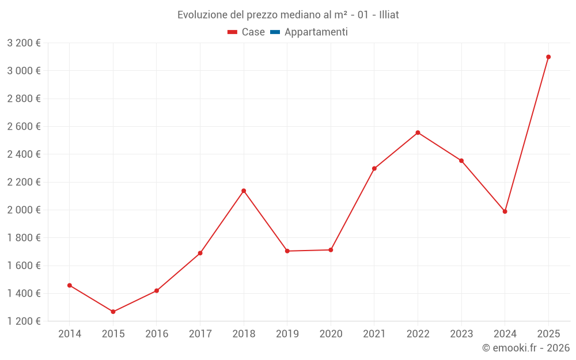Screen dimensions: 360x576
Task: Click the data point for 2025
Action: (x=548, y=57)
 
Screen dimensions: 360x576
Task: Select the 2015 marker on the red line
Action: (x=113, y=312)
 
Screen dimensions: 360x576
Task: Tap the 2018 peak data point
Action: (x=244, y=191)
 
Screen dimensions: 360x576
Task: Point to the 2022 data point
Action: (x=418, y=132)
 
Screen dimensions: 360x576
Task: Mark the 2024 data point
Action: (x=505, y=211)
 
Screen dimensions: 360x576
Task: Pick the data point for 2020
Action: (x=331, y=250)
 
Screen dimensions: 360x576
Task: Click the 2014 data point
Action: (x=70, y=285)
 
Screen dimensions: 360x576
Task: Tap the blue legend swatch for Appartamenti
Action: (x=275, y=32)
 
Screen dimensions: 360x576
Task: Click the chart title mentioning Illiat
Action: (x=288, y=15)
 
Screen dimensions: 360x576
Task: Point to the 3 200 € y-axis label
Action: (x=24, y=43)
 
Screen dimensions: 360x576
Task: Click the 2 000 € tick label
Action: (x=24, y=210)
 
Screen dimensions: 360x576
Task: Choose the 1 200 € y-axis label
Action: (x=24, y=321)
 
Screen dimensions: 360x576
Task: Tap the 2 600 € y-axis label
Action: (x=24, y=126)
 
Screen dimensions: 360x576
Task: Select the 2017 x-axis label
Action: (x=200, y=334)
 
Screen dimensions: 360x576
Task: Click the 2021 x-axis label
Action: (x=374, y=334)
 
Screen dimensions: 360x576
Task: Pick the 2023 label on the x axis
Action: (x=461, y=334)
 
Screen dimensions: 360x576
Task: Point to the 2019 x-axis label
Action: (x=287, y=334)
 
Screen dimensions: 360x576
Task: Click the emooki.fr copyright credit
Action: (x=525, y=348)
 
